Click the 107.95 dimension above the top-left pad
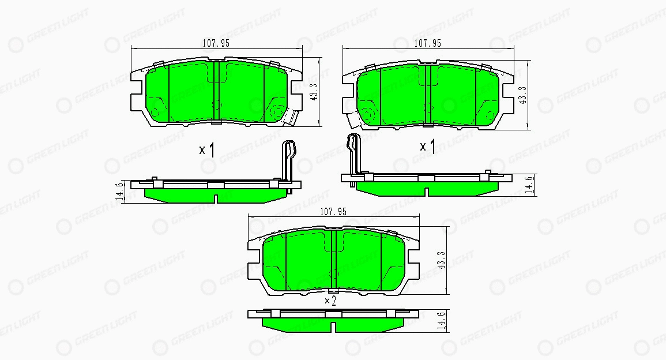pos(216,43)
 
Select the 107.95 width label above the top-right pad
pos(427,43)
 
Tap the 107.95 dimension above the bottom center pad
pos(333,212)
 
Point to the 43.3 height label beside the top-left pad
pos(314,91)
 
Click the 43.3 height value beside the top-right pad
pos(523,95)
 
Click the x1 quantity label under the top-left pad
pos(207,150)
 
